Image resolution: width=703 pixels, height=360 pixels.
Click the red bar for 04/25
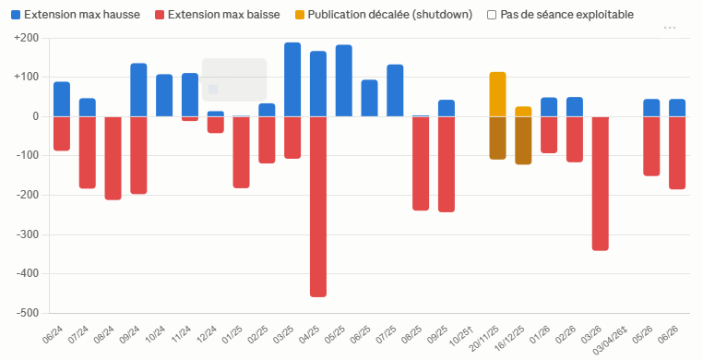pyautogui.click(x=318, y=207)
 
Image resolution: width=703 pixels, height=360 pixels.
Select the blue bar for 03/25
pyautogui.click(x=292, y=79)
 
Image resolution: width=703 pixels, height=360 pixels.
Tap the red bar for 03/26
pyautogui.click(x=601, y=184)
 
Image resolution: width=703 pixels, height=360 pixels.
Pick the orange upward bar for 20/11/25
pyautogui.click(x=497, y=94)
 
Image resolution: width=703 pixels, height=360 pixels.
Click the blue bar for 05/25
pyautogui.click(x=344, y=80)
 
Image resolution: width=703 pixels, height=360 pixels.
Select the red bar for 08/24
pyautogui.click(x=113, y=158)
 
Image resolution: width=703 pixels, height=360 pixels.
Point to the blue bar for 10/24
pyautogui.click(x=164, y=95)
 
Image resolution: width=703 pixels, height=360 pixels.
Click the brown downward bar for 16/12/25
pyautogui.click(x=523, y=140)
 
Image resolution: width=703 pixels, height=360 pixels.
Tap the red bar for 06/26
pyautogui.click(x=677, y=153)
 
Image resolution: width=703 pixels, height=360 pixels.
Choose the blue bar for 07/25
pyautogui.click(x=395, y=90)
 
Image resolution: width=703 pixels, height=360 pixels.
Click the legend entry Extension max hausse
pyautogui.click(x=76, y=15)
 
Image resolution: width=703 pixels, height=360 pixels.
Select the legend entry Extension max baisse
pyautogui.click(x=218, y=15)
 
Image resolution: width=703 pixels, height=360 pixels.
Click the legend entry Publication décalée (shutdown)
pyautogui.click(x=384, y=15)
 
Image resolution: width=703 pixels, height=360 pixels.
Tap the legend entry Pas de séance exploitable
pyautogui.click(x=561, y=15)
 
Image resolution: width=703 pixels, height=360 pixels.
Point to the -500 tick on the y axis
pyautogui.click(x=28, y=313)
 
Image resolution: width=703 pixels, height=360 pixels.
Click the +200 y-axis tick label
pyautogui.click(x=27, y=38)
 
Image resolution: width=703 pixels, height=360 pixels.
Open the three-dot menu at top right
pyautogui.click(x=670, y=28)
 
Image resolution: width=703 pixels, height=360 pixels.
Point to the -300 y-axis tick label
pyautogui.click(x=28, y=234)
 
